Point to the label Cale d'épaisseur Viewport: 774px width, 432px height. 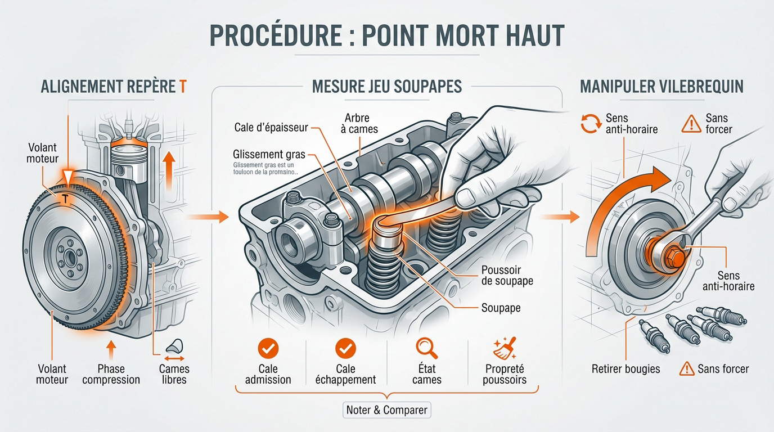pyautogui.click(x=271, y=128)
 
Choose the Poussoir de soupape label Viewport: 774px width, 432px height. pyautogui.click(x=507, y=275)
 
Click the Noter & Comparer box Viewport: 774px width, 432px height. pyautogui.click(x=386, y=410)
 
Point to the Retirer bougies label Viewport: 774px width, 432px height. pyautogui.click(x=625, y=369)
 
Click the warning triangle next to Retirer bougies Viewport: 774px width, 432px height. pyautogui.click(x=686, y=369)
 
